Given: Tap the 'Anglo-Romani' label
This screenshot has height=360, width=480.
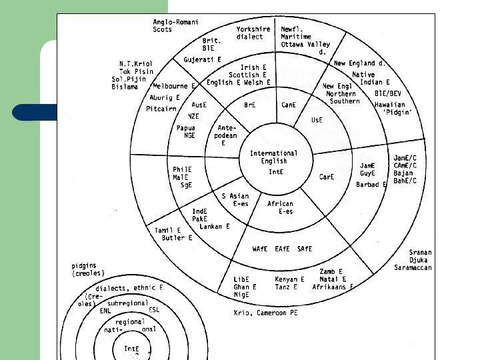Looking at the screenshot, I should tap(176, 22).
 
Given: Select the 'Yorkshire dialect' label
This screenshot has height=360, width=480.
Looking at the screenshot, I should tap(253, 33).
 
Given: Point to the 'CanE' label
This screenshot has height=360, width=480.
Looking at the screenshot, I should tap(289, 105).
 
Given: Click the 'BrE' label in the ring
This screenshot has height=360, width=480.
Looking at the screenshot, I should tap(250, 105).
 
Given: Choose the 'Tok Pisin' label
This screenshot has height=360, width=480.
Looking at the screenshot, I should tap(136, 72).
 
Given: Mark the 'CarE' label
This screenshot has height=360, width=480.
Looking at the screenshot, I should tap(327, 177).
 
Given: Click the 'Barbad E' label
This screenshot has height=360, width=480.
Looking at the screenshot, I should tap(371, 185).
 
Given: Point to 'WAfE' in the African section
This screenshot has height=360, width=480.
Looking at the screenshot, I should tap(261, 249).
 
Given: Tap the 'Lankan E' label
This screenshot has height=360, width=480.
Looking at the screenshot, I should tap(215, 227).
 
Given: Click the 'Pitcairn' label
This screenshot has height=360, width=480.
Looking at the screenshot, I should tap(161, 108).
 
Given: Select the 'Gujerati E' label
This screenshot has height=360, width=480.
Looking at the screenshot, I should tap(203, 60).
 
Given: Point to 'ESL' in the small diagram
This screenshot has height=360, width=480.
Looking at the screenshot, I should tap(154, 310).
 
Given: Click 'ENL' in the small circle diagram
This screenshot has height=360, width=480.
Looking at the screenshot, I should tap(105, 310).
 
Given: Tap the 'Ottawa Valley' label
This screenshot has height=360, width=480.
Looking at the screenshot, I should tap(305, 44).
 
